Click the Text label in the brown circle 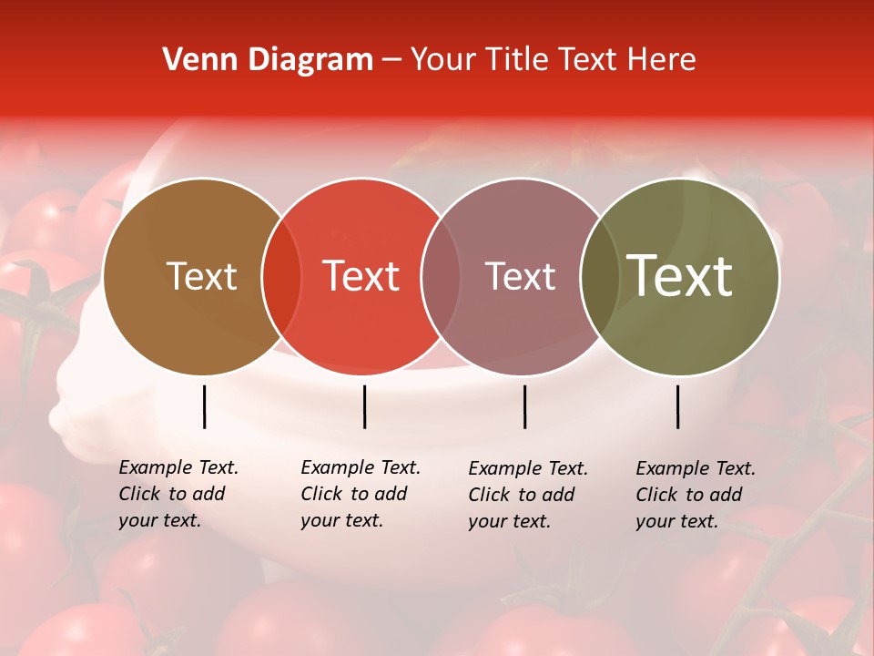coord(201,276)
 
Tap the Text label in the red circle coord(361,276)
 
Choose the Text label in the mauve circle coord(520,276)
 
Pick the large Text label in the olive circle coord(679,276)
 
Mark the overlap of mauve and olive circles coord(599,277)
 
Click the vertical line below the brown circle coord(204,406)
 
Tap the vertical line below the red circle coord(364,406)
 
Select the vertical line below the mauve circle coord(524,406)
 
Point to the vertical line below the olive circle coord(677,406)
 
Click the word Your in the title coord(443,60)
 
